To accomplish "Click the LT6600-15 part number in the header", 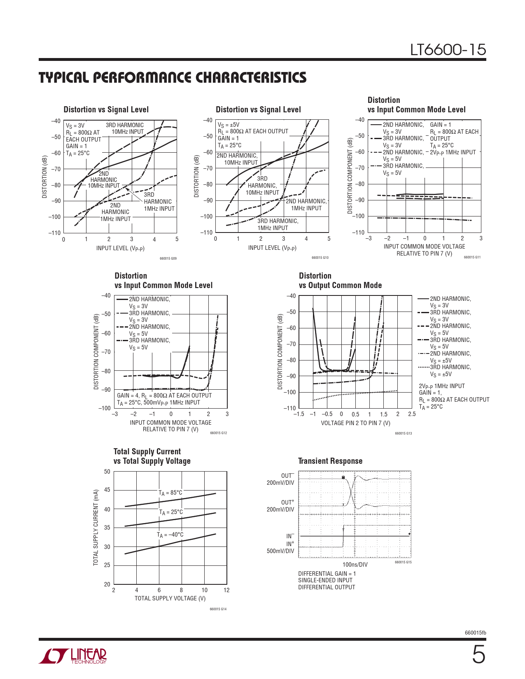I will (x=448, y=50).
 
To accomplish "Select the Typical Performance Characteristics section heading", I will (x=173, y=77).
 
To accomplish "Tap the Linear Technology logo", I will (x=73, y=656).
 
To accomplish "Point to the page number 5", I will (x=478, y=655).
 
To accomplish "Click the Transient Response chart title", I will (x=330, y=461).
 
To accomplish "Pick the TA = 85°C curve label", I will (x=170, y=493).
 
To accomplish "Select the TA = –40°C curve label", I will (x=170, y=535).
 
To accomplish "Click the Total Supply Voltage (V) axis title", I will (x=170, y=598).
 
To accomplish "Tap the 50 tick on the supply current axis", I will (x=107, y=472).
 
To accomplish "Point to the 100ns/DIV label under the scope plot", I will (x=355, y=565).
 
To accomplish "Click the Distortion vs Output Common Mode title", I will (x=340, y=281).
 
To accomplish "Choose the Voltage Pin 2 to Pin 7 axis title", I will (x=355, y=423).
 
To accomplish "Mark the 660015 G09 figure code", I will (x=168, y=258).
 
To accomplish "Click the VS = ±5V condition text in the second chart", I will (x=229, y=125).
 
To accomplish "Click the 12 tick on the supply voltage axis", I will (x=226, y=590).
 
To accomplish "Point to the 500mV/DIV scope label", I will (x=280, y=551).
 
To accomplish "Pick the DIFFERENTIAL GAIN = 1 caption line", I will (x=327, y=574).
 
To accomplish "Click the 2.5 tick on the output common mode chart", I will (x=412, y=414).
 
